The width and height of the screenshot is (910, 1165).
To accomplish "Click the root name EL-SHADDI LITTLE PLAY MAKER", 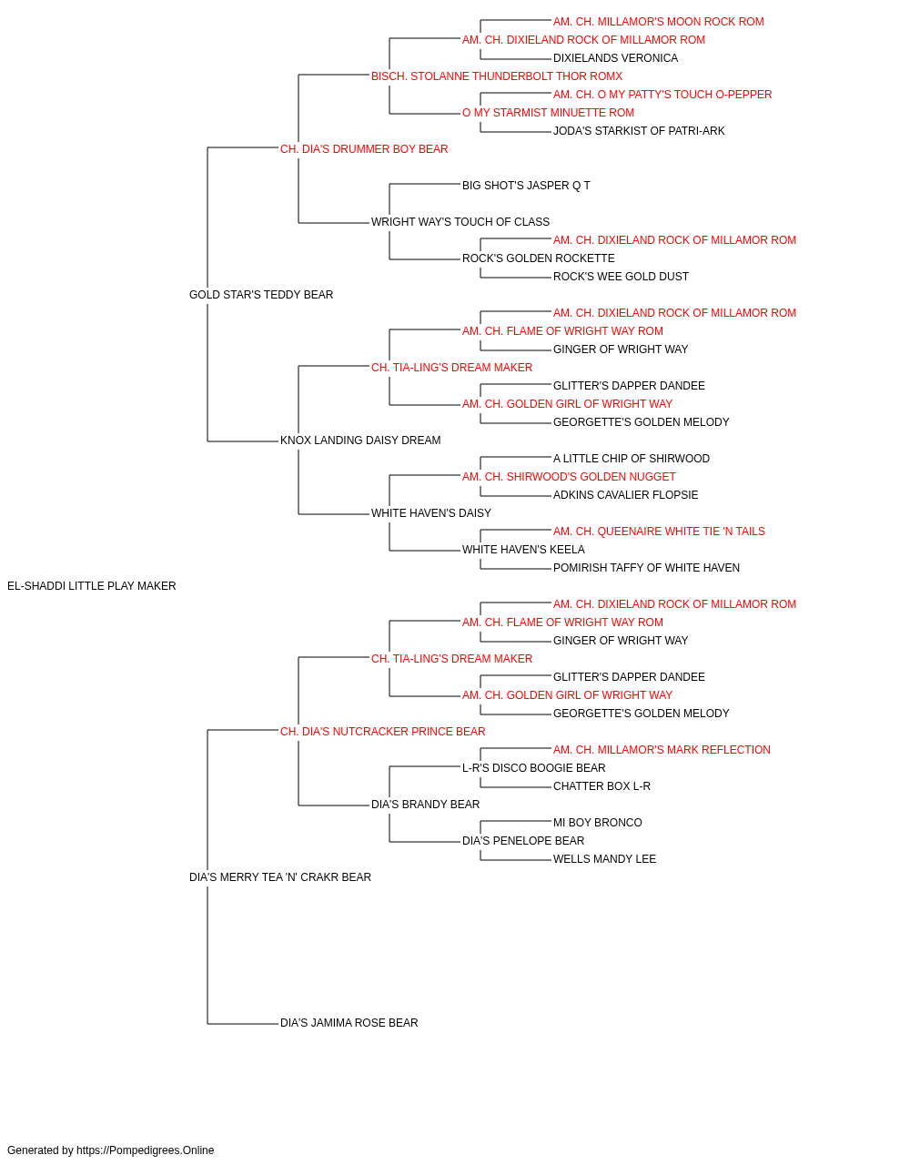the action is point(92,586).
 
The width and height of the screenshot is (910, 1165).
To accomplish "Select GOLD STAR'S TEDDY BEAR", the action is point(261,295).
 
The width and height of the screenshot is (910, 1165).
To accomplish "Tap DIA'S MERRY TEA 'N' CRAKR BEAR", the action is point(280,877).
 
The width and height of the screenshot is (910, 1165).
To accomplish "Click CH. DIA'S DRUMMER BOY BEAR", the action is point(364,149).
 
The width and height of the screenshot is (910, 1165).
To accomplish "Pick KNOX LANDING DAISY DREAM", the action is point(360,441).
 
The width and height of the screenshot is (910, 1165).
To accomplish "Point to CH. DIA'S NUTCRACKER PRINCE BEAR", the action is point(382,731).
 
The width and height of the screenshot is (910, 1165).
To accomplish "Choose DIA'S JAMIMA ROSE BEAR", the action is point(349,1023).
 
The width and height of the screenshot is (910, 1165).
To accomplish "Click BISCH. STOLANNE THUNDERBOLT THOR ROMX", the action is point(497,76).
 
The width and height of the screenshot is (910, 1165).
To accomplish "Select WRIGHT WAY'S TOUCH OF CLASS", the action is point(460,222).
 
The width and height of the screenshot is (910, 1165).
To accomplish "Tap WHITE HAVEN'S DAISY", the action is point(430,513).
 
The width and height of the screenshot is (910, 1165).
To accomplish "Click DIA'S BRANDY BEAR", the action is point(425,805).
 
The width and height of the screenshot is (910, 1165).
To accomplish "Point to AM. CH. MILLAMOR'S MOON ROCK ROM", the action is point(658,22).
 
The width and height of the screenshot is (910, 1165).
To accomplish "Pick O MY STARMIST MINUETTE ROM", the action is point(548,113).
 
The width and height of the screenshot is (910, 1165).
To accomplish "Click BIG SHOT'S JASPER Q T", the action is point(526,186).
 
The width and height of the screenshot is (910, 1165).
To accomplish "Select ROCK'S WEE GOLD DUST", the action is point(621,277).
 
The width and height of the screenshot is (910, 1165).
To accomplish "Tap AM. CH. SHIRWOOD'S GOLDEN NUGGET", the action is point(569,477).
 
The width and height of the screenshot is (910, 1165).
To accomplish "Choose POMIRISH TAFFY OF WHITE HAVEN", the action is point(646,568).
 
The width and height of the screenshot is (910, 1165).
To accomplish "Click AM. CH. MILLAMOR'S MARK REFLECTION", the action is point(662,749).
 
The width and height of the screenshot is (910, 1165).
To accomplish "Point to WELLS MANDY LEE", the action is point(604,859).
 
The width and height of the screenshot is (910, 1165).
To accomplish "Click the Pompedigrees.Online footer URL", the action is point(145,1150).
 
